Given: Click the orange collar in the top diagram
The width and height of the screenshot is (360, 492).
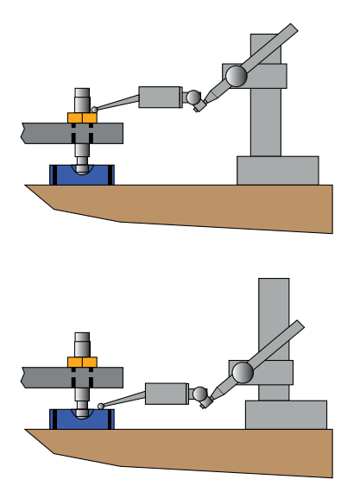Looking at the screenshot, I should pyautogui.click(x=82, y=117).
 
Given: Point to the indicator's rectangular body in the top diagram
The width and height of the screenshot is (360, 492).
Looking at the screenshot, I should pyautogui.click(x=160, y=96).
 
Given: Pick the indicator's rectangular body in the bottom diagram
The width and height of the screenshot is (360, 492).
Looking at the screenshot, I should pyautogui.click(x=167, y=394).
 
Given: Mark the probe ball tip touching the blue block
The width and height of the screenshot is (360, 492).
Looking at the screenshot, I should pyautogui.click(x=102, y=407).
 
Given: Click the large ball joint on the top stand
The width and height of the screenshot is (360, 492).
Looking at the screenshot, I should pyautogui.click(x=235, y=76).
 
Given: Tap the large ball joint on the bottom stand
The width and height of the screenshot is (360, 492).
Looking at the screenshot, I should pyautogui.click(x=243, y=372).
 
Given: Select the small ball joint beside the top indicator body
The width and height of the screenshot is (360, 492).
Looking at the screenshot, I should pyautogui.click(x=193, y=97).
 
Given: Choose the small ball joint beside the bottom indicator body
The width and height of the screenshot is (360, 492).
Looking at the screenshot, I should pyautogui.click(x=200, y=394).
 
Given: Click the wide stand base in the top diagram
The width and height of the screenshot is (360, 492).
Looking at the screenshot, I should pyautogui.click(x=277, y=170).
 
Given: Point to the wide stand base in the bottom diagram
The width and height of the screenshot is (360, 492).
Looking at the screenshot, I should pyautogui.click(x=286, y=414).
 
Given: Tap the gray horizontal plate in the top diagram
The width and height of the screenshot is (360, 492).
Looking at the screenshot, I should pyautogui.click(x=43, y=132).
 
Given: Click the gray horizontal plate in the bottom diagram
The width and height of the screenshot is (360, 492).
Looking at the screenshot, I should pyautogui.click(x=43, y=377).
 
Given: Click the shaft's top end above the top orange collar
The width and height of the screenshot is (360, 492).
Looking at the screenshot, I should pyautogui.click(x=82, y=95).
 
